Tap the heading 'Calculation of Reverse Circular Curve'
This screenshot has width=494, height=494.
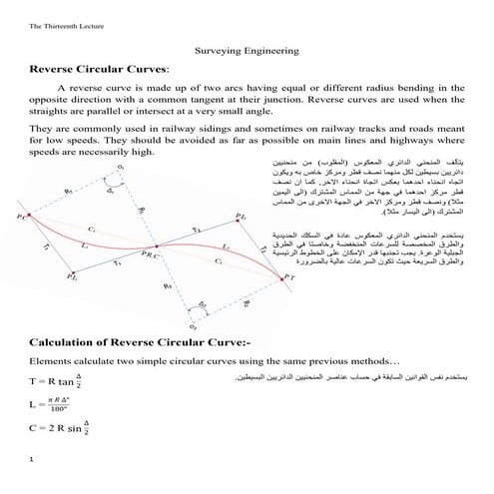click(x=147, y=341)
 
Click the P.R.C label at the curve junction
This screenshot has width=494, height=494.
click(x=150, y=256)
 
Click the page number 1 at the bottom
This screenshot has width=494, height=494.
click(x=33, y=459)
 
